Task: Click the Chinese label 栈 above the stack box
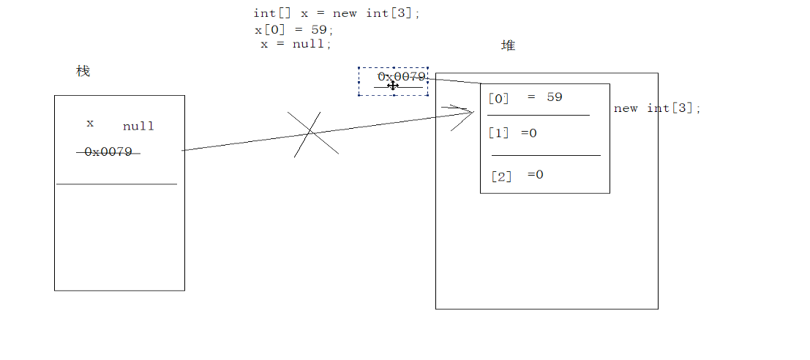pyautogui.click(x=83, y=72)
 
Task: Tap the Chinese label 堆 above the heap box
pyautogui.click(x=508, y=46)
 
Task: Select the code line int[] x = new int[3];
pyautogui.click(x=337, y=14)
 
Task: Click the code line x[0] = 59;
pyautogui.click(x=293, y=30)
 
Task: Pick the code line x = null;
pyautogui.click(x=296, y=44)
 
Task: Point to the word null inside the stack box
pyautogui.click(x=138, y=127)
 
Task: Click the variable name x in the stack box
pyautogui.click(x=90, y=124)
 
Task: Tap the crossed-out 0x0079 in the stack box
pyautogui.click(x=108, y=152)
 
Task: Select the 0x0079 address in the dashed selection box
pyautogui.click(x=402, y=77)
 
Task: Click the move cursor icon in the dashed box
pyautogui.click(x=393, y=86)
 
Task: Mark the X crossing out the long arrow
pyautogui.click(x=312, y=133)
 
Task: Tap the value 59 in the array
pyautogui.click(x=554, y=97)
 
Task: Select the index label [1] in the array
pyautogui.click(x=498, y=134)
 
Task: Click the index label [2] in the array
pyautogui.click(x=501, y=176)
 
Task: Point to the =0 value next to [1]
pyautogui.click(x=528, y=134)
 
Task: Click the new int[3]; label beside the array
pyautogui.click(x=657, y=109)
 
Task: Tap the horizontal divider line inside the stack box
pyautogui.click(x=117, y=184)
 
